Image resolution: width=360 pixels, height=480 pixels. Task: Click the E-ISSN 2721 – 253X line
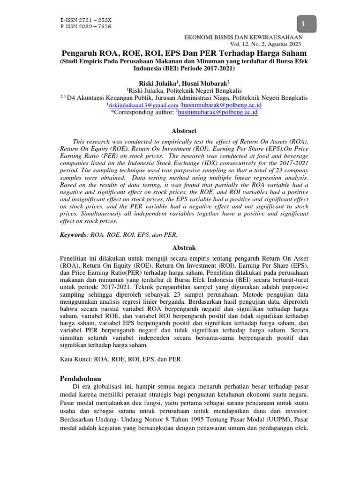[x=86, y=21]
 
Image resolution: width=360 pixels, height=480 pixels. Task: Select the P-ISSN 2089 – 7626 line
[x=86, y=27]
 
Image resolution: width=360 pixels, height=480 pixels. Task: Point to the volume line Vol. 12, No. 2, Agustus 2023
[x=269, y=44]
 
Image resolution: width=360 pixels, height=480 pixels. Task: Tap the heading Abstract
[x=184, y=131]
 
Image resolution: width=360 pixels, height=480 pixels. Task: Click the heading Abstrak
[x=184, y=247]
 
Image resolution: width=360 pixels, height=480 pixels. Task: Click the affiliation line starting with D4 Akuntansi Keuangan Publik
[x=187, y=98]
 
